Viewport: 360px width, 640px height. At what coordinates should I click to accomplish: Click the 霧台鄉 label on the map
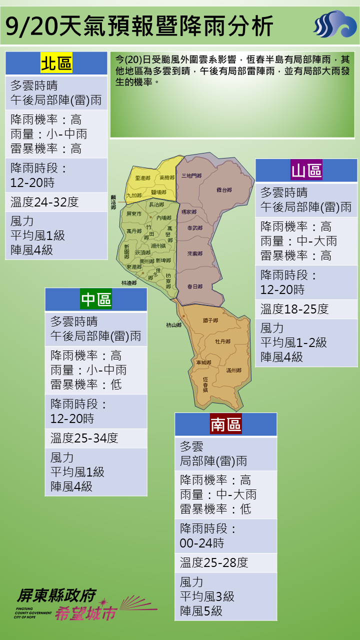coord(224,190)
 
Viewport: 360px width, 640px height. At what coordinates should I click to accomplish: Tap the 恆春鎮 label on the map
coord(205,384)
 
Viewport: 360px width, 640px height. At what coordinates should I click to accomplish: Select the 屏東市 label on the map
coord(134,213)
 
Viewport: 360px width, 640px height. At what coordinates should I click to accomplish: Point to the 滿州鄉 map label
coord(233,370)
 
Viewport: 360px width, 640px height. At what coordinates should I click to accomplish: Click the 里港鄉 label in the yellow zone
coord(142,178)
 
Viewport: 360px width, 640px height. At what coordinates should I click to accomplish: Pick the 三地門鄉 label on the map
coord(191,176)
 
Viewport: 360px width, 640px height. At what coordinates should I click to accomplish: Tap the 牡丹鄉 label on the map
coord(222,341)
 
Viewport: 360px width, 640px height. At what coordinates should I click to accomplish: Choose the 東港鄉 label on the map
coord(134,267)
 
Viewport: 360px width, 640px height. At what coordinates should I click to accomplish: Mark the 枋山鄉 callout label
coord(174,325)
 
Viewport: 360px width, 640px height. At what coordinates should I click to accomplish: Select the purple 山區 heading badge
coord(306,170)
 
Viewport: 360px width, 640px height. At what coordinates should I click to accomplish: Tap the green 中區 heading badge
coord(96,299)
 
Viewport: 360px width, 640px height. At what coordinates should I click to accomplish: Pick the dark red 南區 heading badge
coord(225,424)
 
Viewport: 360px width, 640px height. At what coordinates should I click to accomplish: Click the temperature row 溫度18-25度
coord(294,309)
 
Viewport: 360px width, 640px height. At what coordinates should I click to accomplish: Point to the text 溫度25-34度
coord(84,438)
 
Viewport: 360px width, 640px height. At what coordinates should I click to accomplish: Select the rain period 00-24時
coord(202,543)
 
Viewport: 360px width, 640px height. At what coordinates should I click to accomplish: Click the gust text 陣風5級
coord(201,611)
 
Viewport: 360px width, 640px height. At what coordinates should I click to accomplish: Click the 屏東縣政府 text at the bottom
coord(56,595)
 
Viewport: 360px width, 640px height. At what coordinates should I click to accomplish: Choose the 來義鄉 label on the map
coord(195,254)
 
